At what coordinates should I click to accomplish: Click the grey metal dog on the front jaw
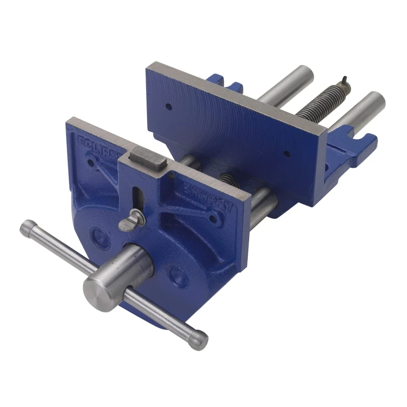click(147, 157)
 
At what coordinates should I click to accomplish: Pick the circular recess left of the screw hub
click(100, 237)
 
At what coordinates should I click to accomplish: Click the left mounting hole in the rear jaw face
click(168, 107)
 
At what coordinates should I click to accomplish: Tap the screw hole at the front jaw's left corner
click(91, 163)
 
